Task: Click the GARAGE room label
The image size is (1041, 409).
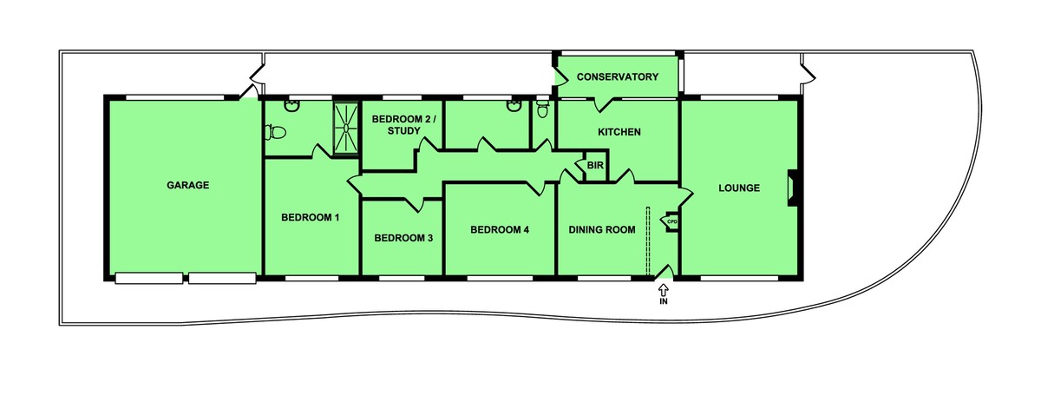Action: pyautogui.click(x=187, y=185)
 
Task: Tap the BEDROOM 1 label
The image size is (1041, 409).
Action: pyautogui.click(x=310, y=217)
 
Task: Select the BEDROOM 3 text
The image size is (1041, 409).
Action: pyautogui.click(x=403, y=238)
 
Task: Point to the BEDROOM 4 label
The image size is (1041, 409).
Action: pyautogui.click(x=500, y=229)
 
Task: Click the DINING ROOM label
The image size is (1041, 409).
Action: pyautogui.click(x=602, y=229)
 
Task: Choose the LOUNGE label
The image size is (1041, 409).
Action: pyautogui.click(x=739, y=188)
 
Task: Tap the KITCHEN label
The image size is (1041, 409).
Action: pyautogui.click(x=619, y=132)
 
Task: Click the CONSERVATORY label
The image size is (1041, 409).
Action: pyautogui.click(x=617, y=76)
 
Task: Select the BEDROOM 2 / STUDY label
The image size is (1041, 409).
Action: pyautogui.click(x=404, y=125)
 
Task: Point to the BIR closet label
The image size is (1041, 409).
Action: pyautogui.click(x=595, y=165)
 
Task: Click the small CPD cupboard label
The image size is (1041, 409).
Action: pyautogui.click(x=672, y=222)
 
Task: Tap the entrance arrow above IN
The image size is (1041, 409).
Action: pyautogui.click(x=663, y=290)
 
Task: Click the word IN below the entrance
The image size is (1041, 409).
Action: pyautogui.click(x=664, y=301)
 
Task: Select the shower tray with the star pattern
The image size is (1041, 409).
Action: pyautogui.click(x=346, y=128)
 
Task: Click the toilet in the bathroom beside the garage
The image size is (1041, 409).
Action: pyautogui.click(x=275, y=132)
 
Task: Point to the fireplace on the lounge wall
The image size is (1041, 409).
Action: pyautogui.click(x=792, y=188)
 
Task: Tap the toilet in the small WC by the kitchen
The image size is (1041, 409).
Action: pyautogui.click(x=542, y=109)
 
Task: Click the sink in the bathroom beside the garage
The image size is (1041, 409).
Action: pyautogui.click(x=291, y=106)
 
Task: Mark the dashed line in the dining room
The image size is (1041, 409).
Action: pyautogui.click(x=647, y=241)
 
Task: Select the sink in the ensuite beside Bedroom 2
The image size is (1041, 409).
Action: pyautogui.click(x=514, y=106)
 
